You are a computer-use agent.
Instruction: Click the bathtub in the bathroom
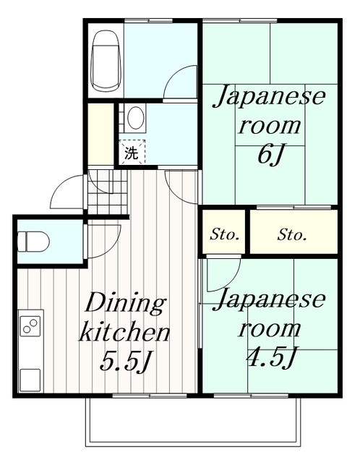pos(105,59)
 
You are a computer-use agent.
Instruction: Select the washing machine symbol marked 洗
pos(132,152)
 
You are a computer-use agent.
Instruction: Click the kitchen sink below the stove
pos(31,378)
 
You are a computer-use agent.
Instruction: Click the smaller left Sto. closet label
pos(224,235)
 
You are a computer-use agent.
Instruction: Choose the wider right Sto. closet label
pos(293,235)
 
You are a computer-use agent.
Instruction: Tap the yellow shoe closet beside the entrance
pos(100,135)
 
